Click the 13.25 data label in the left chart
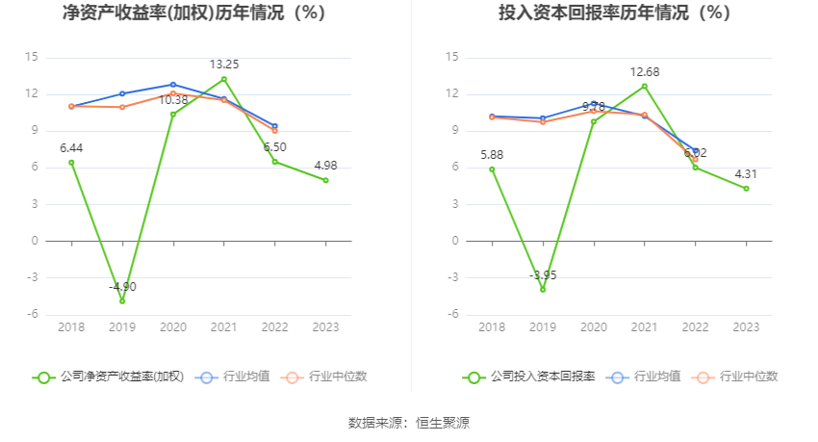(x=224, y=64)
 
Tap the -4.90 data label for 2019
(x=122, y=286)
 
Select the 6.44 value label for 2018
(x=71, y=147)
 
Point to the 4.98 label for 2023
(x=325, y=166)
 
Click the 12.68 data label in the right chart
(x=645, y=71)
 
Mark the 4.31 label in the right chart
(x=746, y=174)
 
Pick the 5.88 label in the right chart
(x=492, y=154)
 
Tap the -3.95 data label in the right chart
(x=543, y=275)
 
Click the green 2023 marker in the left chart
(x=325, y=180)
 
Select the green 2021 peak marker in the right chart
(x=645, y=86)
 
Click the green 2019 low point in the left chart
(x=122, y=300)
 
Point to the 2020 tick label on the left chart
(x=173, y=327)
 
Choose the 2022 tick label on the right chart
(x=695, y=327)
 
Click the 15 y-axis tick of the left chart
(x=32, y=57)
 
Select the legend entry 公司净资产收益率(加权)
(x=108, y=377)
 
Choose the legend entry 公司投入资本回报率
(x=528, y=377)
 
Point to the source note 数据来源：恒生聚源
(x=409, y=423)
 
